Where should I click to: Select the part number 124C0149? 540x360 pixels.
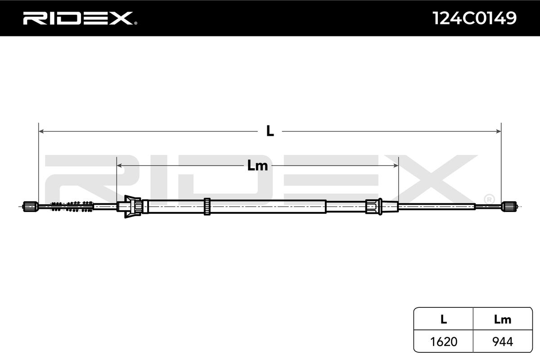[x=474, y=18]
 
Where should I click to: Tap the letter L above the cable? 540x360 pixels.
[x=270, y=131]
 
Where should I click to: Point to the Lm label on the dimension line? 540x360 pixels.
[x=257, y=166]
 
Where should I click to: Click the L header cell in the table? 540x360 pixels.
[x=443, y=319]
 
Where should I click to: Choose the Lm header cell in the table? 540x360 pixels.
[x=502, y=319]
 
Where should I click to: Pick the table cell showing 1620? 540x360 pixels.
[x=443, y=342]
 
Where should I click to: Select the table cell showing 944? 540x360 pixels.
[x=502, y=342]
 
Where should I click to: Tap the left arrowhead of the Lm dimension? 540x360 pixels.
[x=119, y=166]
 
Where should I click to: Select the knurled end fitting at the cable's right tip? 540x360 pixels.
[x=508, y=206]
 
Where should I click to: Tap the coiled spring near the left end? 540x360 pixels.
[x=72, y=206]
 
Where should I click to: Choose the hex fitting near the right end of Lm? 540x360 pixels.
[x=373, y=206]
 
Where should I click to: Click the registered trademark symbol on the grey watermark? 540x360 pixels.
[x=489, y=198]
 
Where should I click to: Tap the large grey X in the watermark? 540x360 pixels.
[x=432, y=175]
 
